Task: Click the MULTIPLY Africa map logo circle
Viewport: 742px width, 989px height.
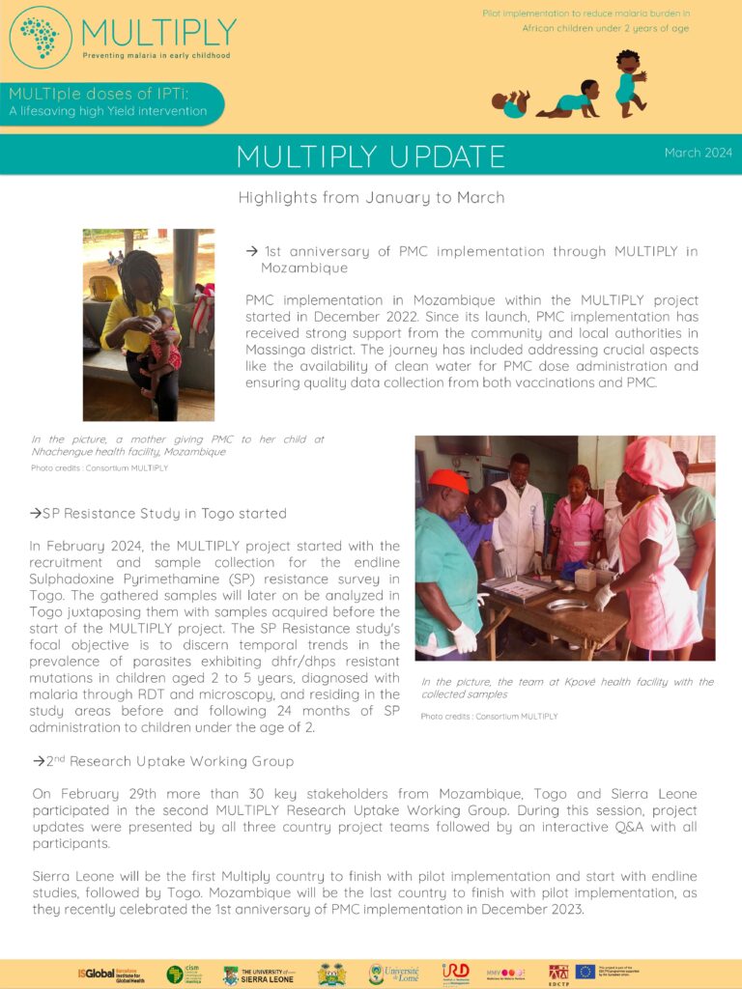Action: tap(40, 38)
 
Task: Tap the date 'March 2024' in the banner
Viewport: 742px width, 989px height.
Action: tap(698, 153)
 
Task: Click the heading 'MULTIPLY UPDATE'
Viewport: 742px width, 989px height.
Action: tap(370, 156)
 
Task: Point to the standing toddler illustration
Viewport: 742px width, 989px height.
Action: tap(629, 82)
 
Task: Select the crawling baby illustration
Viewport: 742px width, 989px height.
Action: tap(570, 100)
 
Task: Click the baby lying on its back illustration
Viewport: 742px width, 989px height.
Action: tap(511, 102)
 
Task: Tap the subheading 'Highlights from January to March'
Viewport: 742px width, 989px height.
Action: tap(371, 198)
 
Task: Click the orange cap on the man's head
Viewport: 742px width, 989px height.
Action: tap(447, 479)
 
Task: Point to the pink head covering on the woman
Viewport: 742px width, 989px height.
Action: tap(652, 463)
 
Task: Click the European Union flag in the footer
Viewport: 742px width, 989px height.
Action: tap(585, 972)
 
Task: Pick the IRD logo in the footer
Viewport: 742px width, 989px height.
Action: tap(455, 973)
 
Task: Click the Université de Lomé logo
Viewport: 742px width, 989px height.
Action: tap(393, 974)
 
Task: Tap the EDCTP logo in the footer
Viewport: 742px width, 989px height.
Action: tap(557, 974)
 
